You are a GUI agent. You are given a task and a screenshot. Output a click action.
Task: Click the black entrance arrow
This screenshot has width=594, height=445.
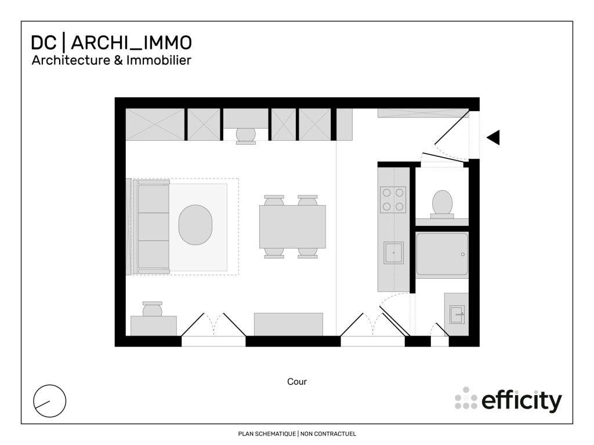[x=494, y=137]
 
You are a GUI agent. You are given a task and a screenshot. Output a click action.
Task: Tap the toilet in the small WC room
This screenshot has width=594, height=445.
[x=442, y=203]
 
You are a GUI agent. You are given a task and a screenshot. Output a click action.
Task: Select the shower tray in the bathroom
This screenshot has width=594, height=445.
[x=441, y=254]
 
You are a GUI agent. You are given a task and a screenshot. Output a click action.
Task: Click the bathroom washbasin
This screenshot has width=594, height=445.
[x=456, y=315]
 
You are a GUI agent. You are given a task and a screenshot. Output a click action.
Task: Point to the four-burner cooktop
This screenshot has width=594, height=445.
[x=393, y=199]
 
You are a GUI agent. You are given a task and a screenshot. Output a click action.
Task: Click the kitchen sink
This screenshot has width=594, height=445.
[x=393, y=253]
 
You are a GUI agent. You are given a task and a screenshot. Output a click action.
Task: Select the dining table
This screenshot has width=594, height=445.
[x=292, y=226]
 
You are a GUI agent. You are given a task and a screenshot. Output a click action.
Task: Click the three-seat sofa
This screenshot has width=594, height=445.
[x=153, y=227]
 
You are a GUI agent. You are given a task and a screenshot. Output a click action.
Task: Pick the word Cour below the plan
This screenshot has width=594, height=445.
[x=297, y=382]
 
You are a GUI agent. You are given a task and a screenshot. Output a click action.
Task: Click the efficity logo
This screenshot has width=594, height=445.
[x=508, y=400]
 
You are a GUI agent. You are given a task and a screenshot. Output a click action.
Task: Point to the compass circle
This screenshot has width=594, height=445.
[x=50, y=400]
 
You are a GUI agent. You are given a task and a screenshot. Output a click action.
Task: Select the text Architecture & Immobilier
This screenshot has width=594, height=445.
[x=111, y=60]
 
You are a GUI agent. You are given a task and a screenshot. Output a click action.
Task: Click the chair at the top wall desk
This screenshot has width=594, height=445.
[x=246, y=135]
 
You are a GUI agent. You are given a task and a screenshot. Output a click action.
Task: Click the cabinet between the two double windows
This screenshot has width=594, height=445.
[x=288, y=324]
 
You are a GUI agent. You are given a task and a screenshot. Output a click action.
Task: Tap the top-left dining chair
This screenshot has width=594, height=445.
[x=274, y=200]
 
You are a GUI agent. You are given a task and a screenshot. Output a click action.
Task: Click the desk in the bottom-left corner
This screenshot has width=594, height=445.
[x=154, y=326]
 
